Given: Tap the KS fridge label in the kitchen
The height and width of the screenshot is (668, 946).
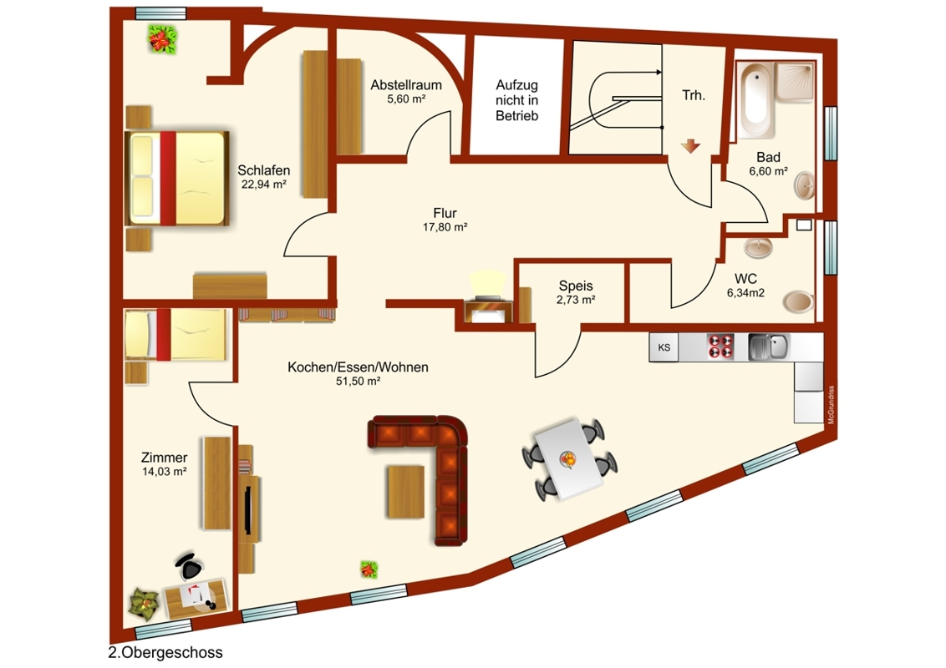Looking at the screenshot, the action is pos(664,347).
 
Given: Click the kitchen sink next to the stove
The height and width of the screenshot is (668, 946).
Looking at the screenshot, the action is pos(768,347).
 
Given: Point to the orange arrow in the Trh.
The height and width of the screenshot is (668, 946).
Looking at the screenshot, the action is pos(690,146).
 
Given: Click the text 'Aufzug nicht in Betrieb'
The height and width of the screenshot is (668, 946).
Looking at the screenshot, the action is pos(517,100).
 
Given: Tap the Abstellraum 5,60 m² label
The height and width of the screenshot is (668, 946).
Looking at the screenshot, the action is pos(406,91).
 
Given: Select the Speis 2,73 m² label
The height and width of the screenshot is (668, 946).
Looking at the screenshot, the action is pos(576,291).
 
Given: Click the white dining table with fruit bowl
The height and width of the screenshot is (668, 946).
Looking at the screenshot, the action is pos(570,458).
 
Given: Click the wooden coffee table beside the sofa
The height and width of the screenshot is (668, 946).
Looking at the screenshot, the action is pos(406,491).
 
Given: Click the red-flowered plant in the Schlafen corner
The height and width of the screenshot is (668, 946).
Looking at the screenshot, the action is pos(164,40).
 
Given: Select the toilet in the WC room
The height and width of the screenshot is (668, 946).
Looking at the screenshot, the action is pos(797,301).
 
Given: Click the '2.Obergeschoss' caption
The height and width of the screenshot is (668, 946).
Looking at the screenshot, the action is pos(165,652).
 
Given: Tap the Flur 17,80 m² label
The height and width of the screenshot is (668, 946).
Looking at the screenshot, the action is pos(445,220).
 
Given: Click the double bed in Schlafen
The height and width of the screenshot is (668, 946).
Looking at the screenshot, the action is pos(177,178).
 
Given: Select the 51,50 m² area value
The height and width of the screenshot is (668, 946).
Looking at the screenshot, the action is pos(358,381).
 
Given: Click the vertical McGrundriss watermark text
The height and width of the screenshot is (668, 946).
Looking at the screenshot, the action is pos(832,405).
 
